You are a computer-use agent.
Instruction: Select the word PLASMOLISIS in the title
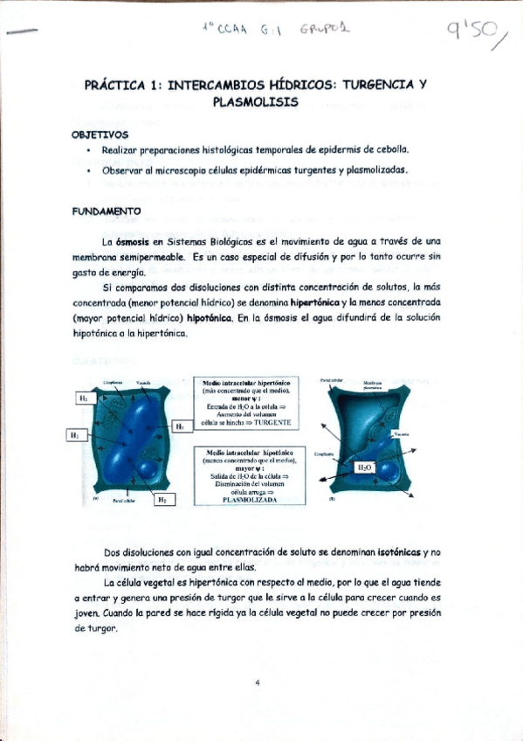coord(255,102)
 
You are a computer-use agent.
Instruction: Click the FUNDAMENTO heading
coord(107,211)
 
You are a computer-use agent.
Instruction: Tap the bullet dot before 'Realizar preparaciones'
coord(90,150)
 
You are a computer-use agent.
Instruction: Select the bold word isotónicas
coord(389,552)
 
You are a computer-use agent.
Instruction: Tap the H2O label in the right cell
coord(365,468)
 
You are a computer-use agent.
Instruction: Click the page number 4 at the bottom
coord(258,682)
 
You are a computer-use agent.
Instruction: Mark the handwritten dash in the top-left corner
coord(21,31)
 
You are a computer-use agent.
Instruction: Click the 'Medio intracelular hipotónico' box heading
coord(252,453)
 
